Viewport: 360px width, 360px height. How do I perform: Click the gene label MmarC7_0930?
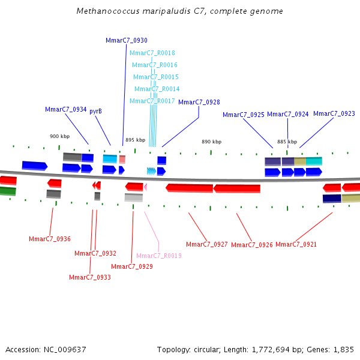(x=126, y=40)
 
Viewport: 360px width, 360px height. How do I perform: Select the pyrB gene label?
(x=95, y=111)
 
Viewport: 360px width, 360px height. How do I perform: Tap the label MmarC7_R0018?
(x=152, y=53)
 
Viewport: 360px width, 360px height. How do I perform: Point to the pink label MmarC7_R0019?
(x=158, y=256)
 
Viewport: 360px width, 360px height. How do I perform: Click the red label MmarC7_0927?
(x=206, y=244)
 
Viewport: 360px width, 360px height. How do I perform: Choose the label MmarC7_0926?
(x=251, y=245)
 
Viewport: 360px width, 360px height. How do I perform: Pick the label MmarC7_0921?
(x=296, y=244)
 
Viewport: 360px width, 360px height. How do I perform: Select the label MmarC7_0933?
(x=89, y=277)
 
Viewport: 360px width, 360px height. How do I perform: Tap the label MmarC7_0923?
(x=334, y=113)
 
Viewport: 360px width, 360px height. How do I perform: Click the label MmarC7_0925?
(x=243, y=114)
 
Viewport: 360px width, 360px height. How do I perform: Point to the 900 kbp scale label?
(x=59, y=136)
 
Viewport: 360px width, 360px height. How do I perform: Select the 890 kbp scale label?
(x=211, y=142)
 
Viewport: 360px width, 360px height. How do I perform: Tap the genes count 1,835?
(x=344, y=349)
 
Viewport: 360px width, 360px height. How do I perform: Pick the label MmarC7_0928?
(x=199, y=102)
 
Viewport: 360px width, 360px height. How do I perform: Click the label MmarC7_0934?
(x=65, y=109)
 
